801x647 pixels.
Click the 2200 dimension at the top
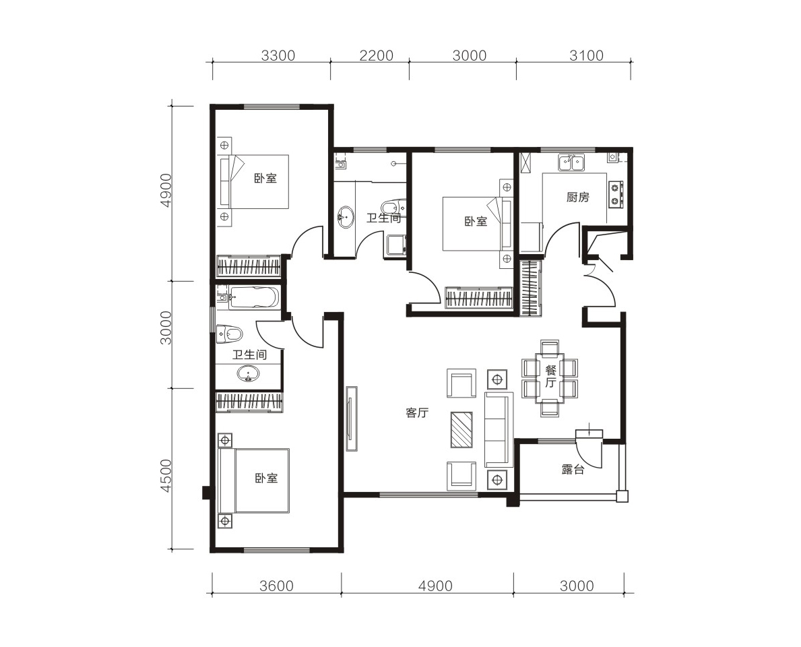coord(377,55)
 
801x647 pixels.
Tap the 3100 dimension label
coord(587,55)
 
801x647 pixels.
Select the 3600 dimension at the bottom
coord(276,586)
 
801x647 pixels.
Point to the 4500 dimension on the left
coord(166,476)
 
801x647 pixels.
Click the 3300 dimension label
coord(278,55)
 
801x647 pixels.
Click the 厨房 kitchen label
coord(578,197)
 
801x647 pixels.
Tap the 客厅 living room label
coord(417,413)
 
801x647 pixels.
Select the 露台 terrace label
coord(573,470)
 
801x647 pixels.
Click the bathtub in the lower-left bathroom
coord(254,297)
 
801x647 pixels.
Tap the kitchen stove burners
coord(615,194)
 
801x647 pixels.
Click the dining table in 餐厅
coord(550,377)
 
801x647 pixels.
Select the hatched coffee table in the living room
coord(461,429)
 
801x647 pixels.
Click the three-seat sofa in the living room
coord(499,429)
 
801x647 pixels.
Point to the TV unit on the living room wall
coord(351,419)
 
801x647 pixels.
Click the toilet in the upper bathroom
coord(393,207)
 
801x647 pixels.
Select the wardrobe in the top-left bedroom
coord(249,266)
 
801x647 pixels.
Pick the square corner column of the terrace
coord(622,496)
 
